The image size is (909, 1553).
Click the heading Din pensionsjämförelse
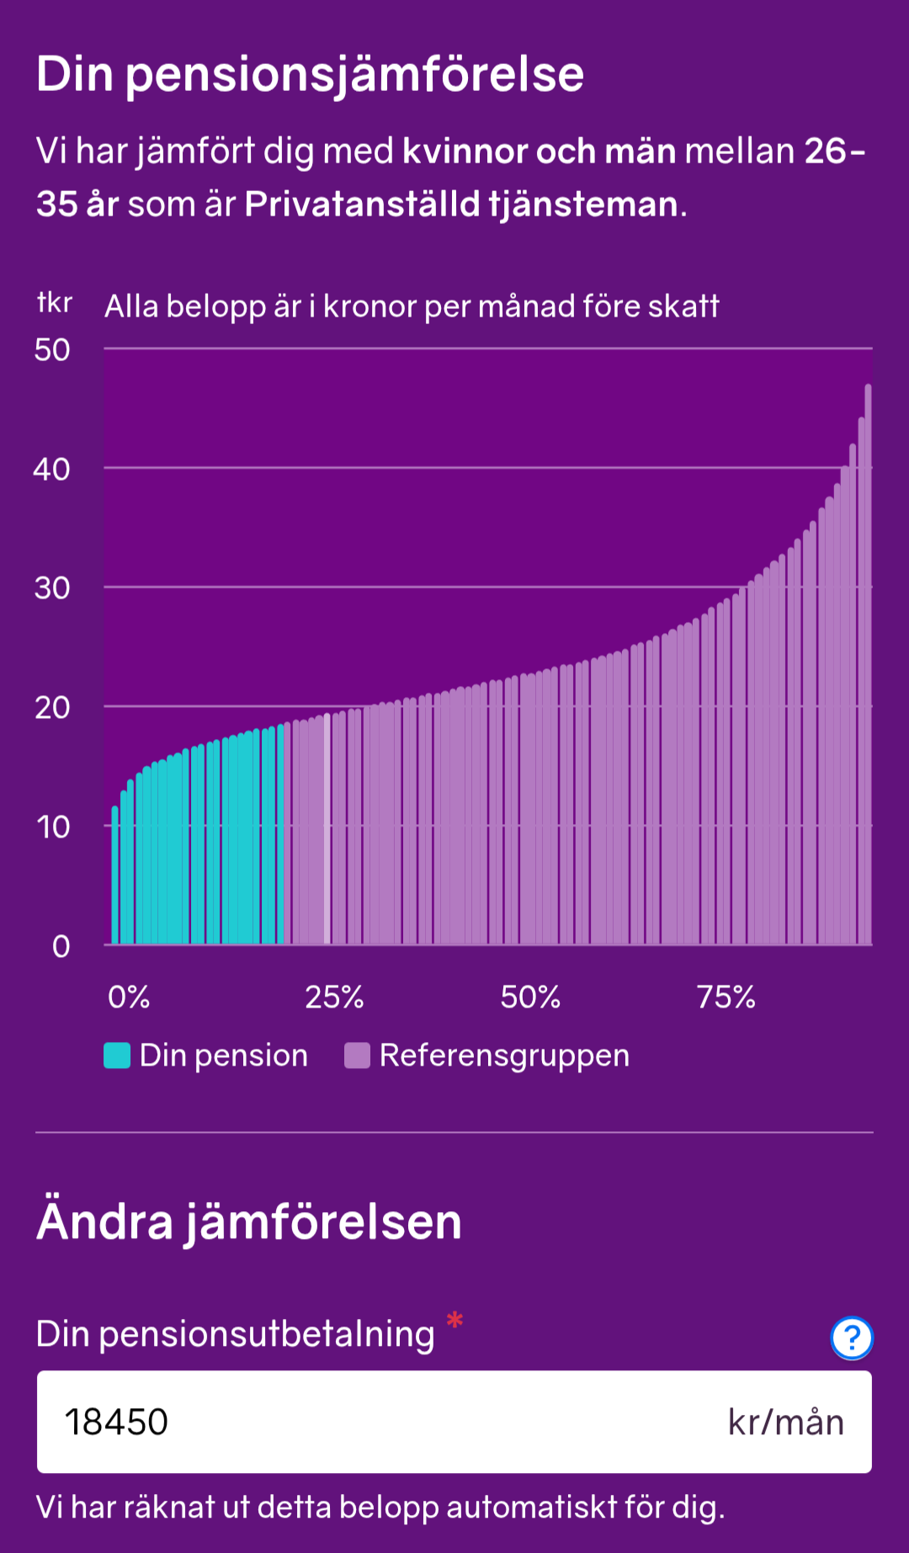(310, 74)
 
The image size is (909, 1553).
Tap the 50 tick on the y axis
(52, 350)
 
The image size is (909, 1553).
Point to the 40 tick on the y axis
(52, 469)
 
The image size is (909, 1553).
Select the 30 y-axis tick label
(52, 588)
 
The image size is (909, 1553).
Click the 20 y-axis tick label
(52, 708)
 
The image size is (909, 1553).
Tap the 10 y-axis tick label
(53, 827)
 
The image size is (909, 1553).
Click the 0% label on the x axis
(129, 997)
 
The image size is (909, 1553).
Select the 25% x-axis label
(334, 997)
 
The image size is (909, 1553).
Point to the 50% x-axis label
(530, 997)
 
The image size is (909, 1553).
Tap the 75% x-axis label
(726, 997)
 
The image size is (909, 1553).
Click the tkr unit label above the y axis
(55, 302)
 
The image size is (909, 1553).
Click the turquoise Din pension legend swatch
(117, 1056)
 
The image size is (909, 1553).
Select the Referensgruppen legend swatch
(358, 1056)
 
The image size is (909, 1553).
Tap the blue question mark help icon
(852, 1338)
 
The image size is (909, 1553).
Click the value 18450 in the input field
(117, 1423)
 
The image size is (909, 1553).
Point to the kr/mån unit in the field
(785, 1423)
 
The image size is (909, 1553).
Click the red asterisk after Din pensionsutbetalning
(455, 1320)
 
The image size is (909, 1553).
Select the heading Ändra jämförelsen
(249, 1221)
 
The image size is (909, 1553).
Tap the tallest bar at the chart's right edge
(868, 665)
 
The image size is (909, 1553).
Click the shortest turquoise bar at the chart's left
(115, 875)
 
